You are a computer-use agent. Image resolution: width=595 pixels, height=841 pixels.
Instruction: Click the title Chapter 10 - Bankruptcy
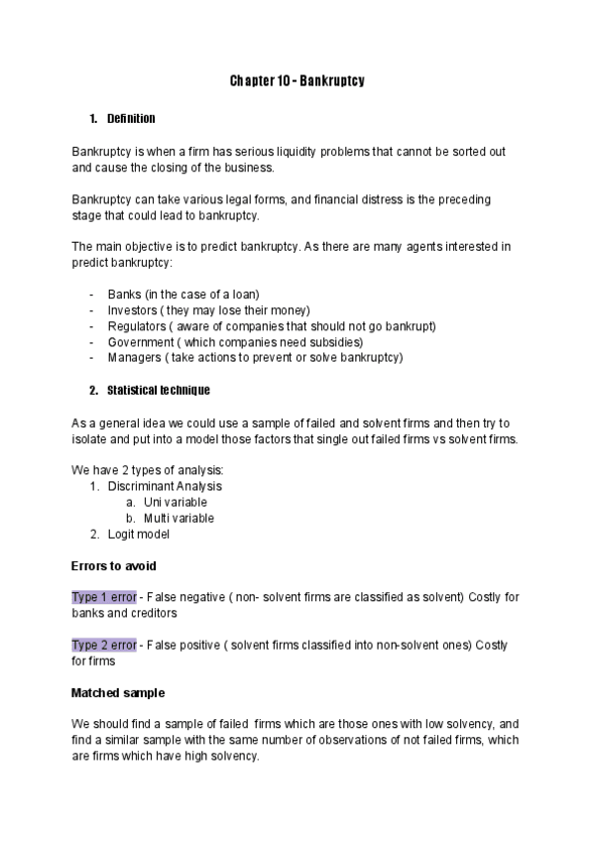[x=297, y=80]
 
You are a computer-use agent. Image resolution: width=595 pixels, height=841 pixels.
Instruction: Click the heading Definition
[x=131, y=119]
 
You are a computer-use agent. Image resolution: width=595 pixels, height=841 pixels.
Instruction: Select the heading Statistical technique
[x=158, y=389]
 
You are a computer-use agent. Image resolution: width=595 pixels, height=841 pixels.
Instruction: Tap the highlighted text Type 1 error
[x=104, y=597]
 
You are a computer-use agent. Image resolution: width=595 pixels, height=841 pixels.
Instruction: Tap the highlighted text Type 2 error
[x=104, y=645]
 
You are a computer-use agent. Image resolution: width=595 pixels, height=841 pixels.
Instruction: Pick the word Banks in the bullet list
[x=124, y=295]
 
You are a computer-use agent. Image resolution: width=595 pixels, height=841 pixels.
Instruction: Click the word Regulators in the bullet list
[x=136, y=326]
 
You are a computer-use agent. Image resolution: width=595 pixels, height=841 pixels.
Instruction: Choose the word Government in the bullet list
[x=139, y=342]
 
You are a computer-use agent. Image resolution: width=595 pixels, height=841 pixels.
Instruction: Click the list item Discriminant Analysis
[x=165, y=486]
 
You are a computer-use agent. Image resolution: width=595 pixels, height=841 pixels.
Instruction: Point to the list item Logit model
[x=139, y=534]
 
